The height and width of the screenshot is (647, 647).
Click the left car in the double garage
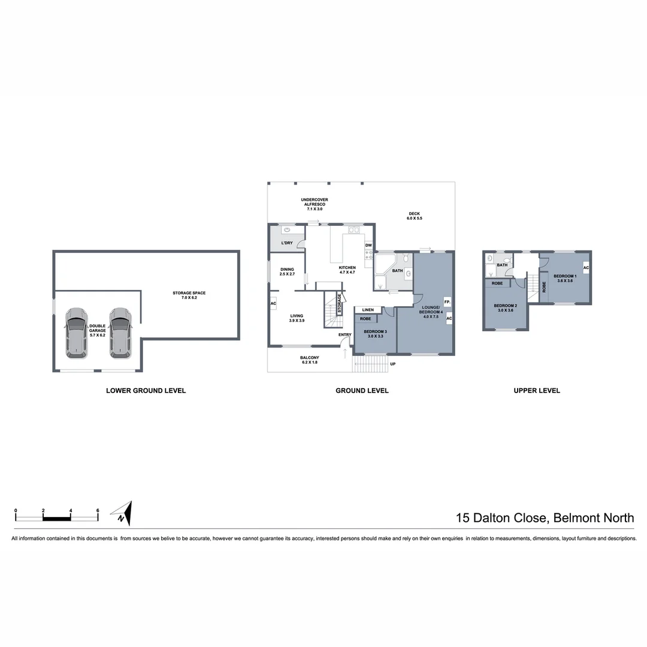pos(76,332)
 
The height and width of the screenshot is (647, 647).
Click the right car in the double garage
pos(120,332)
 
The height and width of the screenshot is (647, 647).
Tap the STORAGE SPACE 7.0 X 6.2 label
pos(189,295)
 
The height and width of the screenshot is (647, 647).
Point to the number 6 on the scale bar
pos(98,510)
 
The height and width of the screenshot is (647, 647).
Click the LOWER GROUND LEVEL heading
pos(146,391)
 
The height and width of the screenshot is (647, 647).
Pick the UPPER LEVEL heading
pos(537,391)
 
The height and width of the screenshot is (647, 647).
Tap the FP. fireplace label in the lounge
pos(447,301)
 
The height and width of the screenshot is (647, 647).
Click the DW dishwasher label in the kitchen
pos(368,245)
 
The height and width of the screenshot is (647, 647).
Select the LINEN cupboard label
pos(368,310)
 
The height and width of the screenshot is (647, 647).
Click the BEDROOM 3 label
pos(376,334)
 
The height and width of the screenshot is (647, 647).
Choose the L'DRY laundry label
pos(287,243)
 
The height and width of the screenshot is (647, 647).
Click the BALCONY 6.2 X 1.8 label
pos(309,360)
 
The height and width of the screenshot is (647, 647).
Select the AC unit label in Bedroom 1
pos(586,268)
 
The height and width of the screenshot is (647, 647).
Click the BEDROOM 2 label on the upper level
pos(504,308)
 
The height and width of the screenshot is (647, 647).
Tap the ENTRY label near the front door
pos(344,335)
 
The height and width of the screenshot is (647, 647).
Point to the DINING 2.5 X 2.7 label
pos(287,271)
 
